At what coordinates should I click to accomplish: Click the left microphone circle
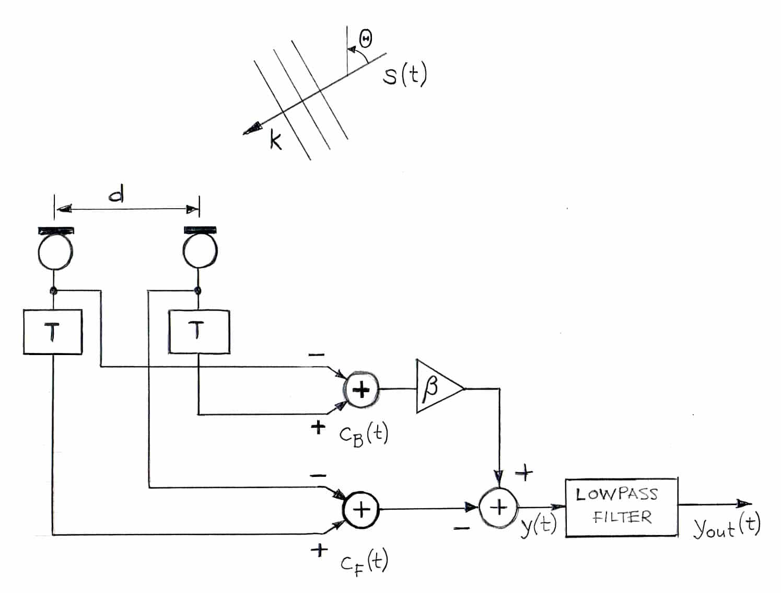55,253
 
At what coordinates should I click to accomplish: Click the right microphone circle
200,253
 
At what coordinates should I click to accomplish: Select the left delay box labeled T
53,332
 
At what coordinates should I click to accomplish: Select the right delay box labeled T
199,332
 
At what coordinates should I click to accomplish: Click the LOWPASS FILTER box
621,506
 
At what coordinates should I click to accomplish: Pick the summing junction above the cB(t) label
361,390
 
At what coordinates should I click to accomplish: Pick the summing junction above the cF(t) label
361,509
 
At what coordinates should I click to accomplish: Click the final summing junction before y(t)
498,507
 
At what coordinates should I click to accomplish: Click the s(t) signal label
404,75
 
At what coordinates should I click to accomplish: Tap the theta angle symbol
366,39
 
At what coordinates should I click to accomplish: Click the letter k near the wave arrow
275,140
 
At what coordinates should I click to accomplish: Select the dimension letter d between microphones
116,196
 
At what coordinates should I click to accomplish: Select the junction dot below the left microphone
53,291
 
